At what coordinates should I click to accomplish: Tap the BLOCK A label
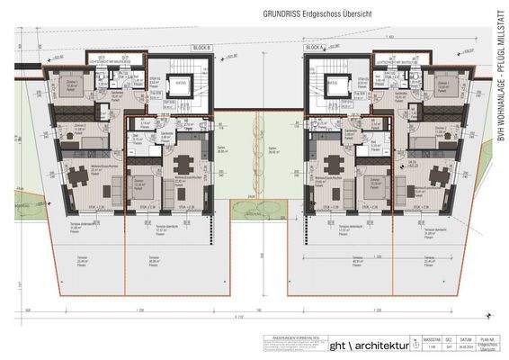point(313,47)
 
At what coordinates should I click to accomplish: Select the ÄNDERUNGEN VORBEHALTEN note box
point(290,346)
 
